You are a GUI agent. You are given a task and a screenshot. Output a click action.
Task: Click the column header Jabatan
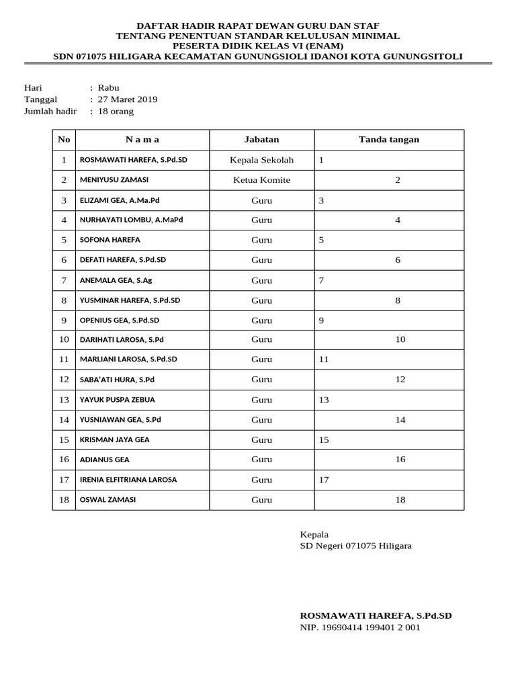tap(261, 140)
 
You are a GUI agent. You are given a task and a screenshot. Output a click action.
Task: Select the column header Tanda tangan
tap(388, 140)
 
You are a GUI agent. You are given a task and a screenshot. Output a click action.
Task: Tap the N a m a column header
tap(142, 140)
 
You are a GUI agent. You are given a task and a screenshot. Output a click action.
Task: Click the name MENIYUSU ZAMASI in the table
tap(114, 180)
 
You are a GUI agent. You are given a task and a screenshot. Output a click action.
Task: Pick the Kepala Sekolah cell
tap(261, 160)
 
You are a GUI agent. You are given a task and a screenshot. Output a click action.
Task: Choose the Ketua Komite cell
tap(261, 180)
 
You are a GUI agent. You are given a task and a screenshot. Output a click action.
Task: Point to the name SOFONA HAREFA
tap(110, 240)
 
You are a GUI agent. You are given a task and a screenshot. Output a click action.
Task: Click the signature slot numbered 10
tap(400, 340)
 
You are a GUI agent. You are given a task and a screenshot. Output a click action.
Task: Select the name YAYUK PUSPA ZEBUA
tap(118, 400)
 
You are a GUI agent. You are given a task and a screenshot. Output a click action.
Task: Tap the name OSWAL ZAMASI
tap(108, 500)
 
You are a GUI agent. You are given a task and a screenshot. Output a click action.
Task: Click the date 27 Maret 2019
tap(128, 99)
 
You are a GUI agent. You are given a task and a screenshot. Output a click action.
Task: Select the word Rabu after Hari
tap(108, 87)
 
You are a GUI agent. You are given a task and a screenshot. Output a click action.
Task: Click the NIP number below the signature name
tap(359, 628)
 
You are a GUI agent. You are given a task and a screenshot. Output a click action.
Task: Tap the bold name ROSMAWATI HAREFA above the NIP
tap(376, 615)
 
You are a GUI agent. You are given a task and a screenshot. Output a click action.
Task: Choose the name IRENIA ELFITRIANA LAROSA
tap(128, 480)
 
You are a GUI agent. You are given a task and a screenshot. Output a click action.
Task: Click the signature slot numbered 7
tap(322, 280)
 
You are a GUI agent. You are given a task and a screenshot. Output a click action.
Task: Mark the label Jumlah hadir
tap(50, 112)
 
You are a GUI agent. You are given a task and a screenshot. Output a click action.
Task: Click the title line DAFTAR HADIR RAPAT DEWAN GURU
tap(258, 25)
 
